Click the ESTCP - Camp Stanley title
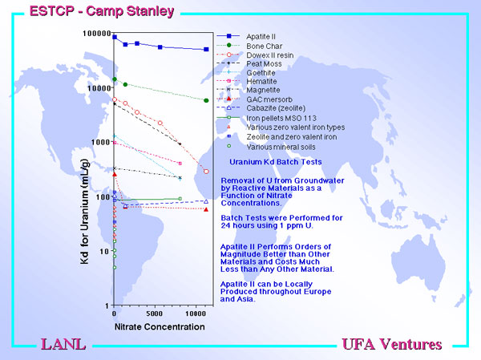[102, 11]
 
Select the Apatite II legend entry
[261, 37]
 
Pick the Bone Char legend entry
[264, 46]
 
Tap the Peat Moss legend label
[264, 64]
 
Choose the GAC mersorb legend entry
[269, 99]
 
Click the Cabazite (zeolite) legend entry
[276, 108]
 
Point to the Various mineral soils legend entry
[281, 147]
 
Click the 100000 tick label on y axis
[97, 33]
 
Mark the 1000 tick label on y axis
[101, 142]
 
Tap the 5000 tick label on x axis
[154, 313]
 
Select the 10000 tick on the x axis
[196, 313]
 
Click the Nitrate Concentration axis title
[160, 327]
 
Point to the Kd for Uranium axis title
[84, 212]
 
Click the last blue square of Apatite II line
[206, 49]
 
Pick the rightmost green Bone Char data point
[206, 100]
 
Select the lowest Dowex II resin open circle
[206, 172]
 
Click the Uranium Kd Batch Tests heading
[276, 162]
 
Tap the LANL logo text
[63, 344]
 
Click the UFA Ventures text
[392, 344]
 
